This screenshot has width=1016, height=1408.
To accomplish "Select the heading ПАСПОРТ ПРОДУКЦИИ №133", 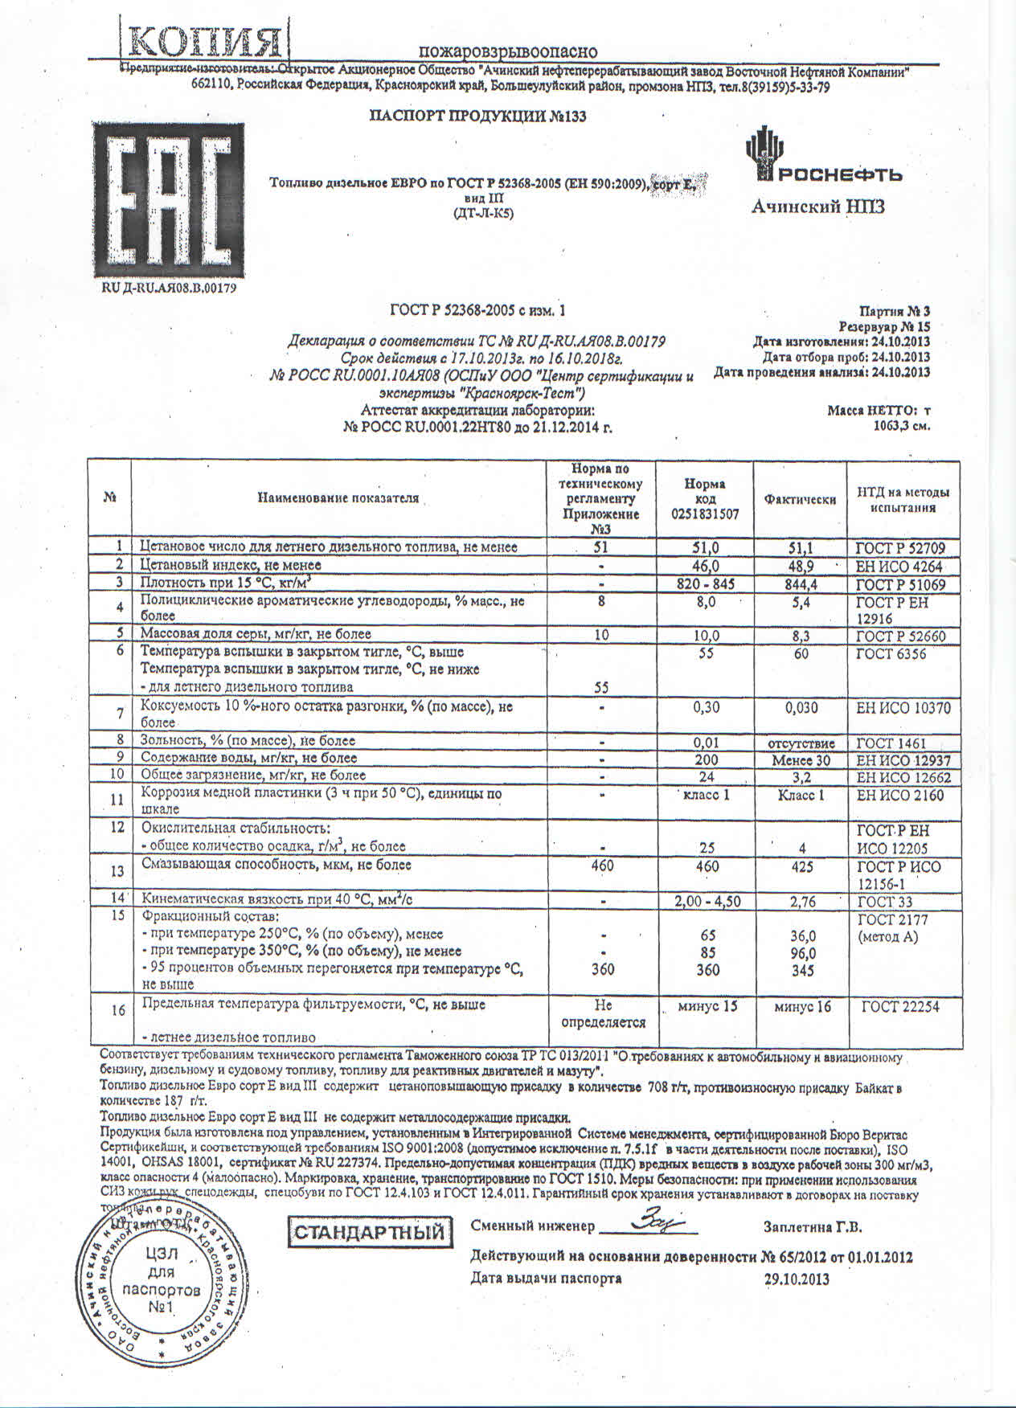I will point(477,116).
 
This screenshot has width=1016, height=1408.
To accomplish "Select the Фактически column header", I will point(800,499).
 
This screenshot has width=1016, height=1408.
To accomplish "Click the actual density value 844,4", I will point(800,584).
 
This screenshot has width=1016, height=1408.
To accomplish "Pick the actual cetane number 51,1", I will point(800,548).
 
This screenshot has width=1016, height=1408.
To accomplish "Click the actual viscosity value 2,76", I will point(801,902).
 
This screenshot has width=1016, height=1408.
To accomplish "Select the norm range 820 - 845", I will point(704,584).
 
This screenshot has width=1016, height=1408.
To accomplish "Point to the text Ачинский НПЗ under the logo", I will point(817,207).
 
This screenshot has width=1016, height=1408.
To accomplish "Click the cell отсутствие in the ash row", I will point(801,743).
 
